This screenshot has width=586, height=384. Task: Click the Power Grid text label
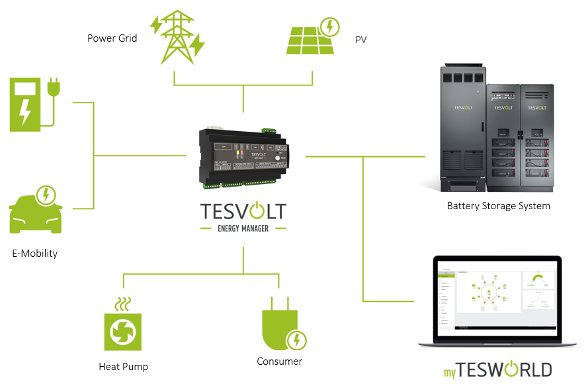112,38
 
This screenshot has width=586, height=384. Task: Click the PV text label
360,40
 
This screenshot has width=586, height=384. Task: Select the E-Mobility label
34,254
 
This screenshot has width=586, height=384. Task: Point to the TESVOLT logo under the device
243,211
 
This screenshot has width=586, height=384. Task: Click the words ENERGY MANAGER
243,228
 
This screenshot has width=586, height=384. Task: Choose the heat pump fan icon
123,331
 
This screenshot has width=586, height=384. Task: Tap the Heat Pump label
123,366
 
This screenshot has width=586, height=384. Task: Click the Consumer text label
279,361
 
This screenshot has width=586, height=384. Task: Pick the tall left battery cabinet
464,126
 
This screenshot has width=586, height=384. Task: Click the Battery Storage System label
499,206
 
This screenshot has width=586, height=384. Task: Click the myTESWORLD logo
497,369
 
